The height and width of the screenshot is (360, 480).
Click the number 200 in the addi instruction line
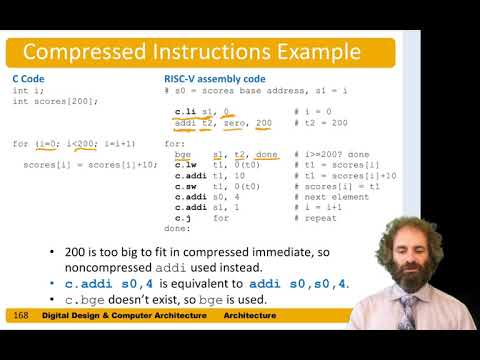click(264, 123)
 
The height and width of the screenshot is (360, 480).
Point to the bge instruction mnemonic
click(182, 154)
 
